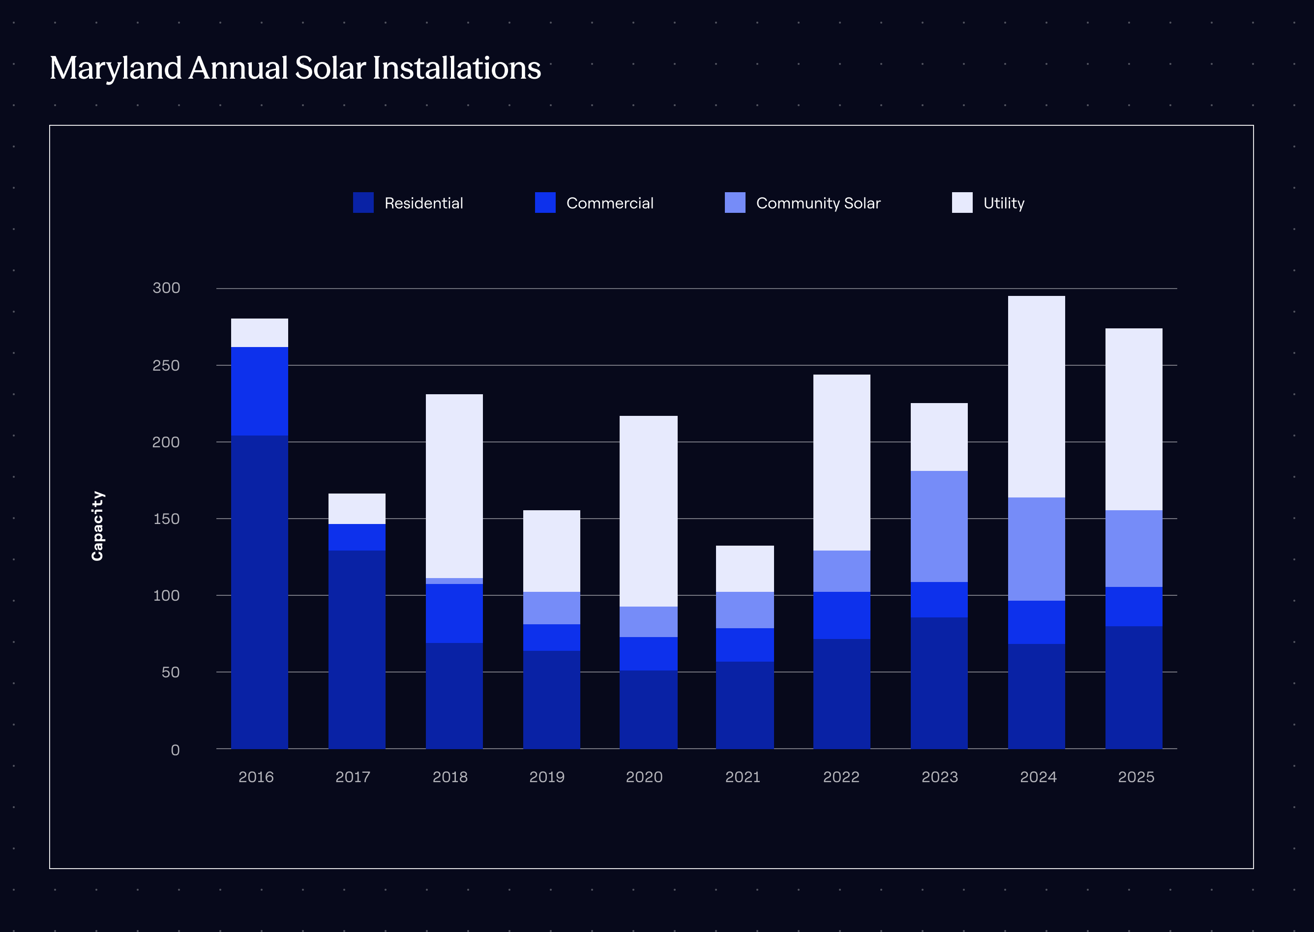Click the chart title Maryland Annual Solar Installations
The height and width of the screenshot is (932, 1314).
295,68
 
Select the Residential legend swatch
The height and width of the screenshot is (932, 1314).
363,203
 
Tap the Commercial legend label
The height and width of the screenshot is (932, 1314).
610,203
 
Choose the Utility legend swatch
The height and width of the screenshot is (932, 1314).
962,203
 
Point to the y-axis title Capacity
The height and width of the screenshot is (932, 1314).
97,525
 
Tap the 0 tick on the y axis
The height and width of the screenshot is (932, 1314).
175,750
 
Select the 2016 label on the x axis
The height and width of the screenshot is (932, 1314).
256,777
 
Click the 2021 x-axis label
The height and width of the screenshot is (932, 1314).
743,777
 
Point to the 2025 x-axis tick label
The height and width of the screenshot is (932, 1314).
1136,777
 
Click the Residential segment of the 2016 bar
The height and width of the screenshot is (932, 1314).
260,591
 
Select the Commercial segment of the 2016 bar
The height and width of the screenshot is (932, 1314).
260,391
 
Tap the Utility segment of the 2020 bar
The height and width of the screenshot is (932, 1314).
649,511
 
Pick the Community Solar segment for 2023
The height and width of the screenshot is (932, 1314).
939,526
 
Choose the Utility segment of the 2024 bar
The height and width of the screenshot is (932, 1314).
1037,397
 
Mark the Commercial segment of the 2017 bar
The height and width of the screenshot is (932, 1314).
357,537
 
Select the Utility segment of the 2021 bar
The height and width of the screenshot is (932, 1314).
745,569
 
